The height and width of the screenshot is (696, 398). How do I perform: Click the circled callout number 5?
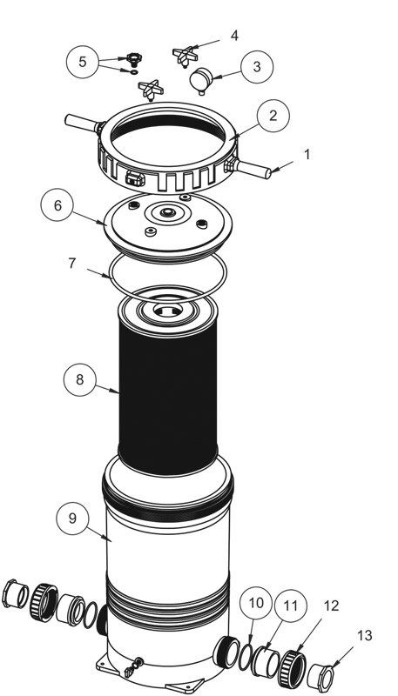[x=83, y=62]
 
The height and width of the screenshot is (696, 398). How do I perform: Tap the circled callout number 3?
[x=257, y=67]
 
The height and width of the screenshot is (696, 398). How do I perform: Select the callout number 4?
[x=234, y=36]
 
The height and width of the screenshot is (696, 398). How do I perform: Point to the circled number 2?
[x=273, y=116]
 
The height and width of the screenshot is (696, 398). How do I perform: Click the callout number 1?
[x=307, y=155]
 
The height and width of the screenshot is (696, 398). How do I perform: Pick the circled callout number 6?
[x=57, y=205]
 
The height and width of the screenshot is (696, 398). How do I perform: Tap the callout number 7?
[x=72, y=263]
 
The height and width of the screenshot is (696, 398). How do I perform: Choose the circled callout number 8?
[x=80, y=380]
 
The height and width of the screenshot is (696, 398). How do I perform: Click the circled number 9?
[x=72, y=519]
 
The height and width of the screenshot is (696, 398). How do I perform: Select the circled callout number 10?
[x=256, y=603]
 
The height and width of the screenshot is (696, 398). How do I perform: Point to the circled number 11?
[x=291, y=606]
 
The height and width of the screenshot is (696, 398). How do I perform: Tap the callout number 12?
[x=331, y=606]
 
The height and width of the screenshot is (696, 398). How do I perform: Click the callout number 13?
[x=365, y=636]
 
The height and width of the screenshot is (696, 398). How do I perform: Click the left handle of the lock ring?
[x=83, y=123]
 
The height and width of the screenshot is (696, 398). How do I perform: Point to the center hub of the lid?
[x=167, y=213]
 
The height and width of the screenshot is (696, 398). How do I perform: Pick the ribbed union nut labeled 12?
[x=293, y=668]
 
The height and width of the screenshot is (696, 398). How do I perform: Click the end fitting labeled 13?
[x=320, y=678]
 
